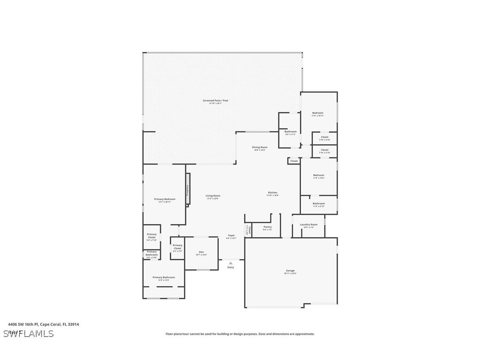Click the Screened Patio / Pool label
click(x=215, y=101)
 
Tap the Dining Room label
click(x=259, y=148)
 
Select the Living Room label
click(x=213, y=196)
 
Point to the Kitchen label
click(x=273, y=193)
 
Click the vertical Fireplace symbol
click(x=188, y=189)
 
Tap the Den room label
click(x=201, y=253)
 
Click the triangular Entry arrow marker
click(x=231, y=263)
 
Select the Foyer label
click(x=231, y=236)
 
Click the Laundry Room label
click(x=309, y=225)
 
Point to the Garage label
click(x=290, y=271)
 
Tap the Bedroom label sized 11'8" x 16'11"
click(x=318, y=113)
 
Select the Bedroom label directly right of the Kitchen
click(x=319, y=176)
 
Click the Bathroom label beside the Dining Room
click(x=290, y=132)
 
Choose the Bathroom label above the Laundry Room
click(x=319, y=204)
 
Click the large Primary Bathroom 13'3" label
click(x=164, y=278)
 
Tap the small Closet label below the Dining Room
click(x=294, y=161)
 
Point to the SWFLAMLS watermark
click(x=28, y=333)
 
